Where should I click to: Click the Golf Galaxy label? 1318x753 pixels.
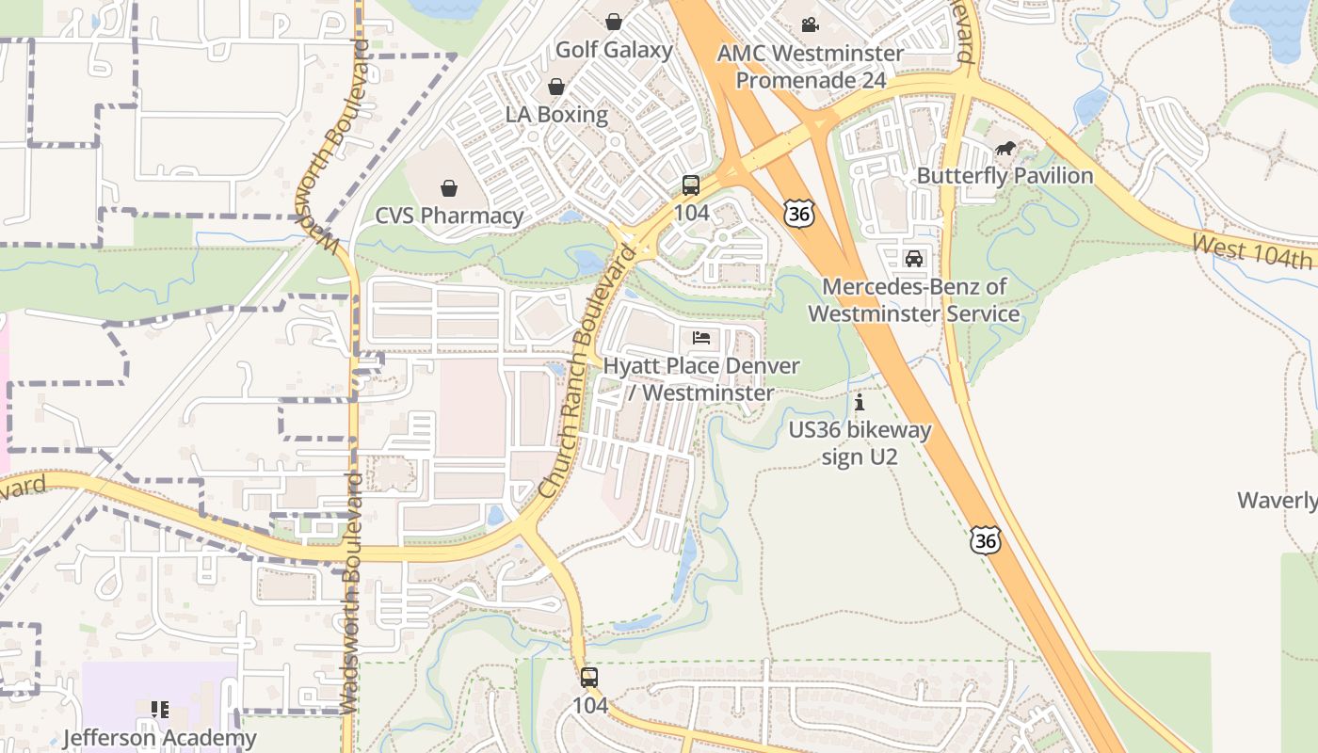pos(614,50)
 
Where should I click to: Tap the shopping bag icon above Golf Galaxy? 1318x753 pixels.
pos(614,21)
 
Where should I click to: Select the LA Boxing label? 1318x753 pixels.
pos(556,115)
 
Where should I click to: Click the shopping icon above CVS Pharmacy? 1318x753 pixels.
pos(449,187)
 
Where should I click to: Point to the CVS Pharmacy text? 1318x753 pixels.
pos(449,216)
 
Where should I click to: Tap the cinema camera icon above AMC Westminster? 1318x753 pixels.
pos(810,24)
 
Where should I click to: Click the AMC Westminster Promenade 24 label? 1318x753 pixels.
pos(811,67)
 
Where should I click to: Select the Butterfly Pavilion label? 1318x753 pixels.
pos(1005,176)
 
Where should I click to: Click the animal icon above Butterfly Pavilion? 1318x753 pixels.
pos(1005,148)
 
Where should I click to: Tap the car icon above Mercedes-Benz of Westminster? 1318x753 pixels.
pos(913,258)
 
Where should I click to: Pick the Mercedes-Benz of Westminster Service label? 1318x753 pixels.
pos(913,300)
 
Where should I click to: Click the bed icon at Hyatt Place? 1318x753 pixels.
pos(701,337)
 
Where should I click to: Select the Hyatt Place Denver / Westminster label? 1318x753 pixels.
pos(701,379)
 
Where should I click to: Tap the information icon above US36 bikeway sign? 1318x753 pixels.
pos(860,403)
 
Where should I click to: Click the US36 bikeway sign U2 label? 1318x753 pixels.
pos(860,444)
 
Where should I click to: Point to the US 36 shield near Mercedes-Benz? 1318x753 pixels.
pos(797,214)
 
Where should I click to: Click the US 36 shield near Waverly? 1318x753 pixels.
pos(986,540)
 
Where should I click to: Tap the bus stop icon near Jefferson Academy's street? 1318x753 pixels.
pos(589,677)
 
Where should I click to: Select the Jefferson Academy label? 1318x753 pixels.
pos(159,738)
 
